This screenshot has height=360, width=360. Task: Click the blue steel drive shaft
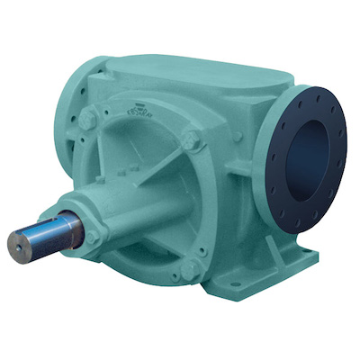pos(49,233)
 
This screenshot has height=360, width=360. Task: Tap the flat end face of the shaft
pos(19,242)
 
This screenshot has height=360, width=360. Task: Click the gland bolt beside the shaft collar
pos(93,236)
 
